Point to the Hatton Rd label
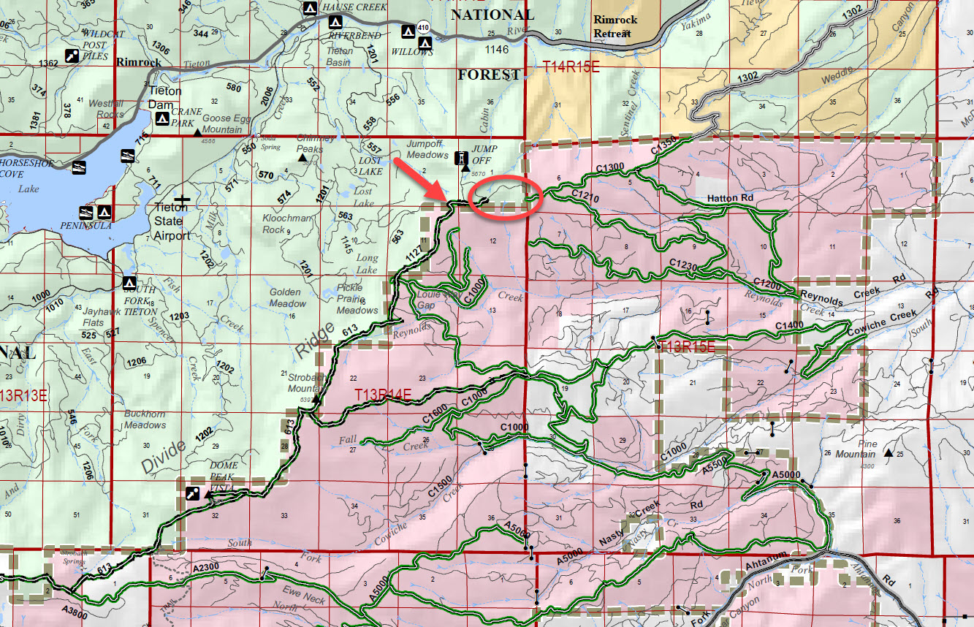(x=730, y=198)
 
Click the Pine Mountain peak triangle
(x=889, y=454)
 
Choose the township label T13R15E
(x=687, y=347)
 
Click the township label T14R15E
(x=571, y=66)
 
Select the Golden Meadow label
(x=287, y=298)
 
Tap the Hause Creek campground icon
(x=309, y=8)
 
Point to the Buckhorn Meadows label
(x=145, y=419)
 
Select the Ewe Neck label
(x=304, y=598)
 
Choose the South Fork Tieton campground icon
(x=130, y=282)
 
